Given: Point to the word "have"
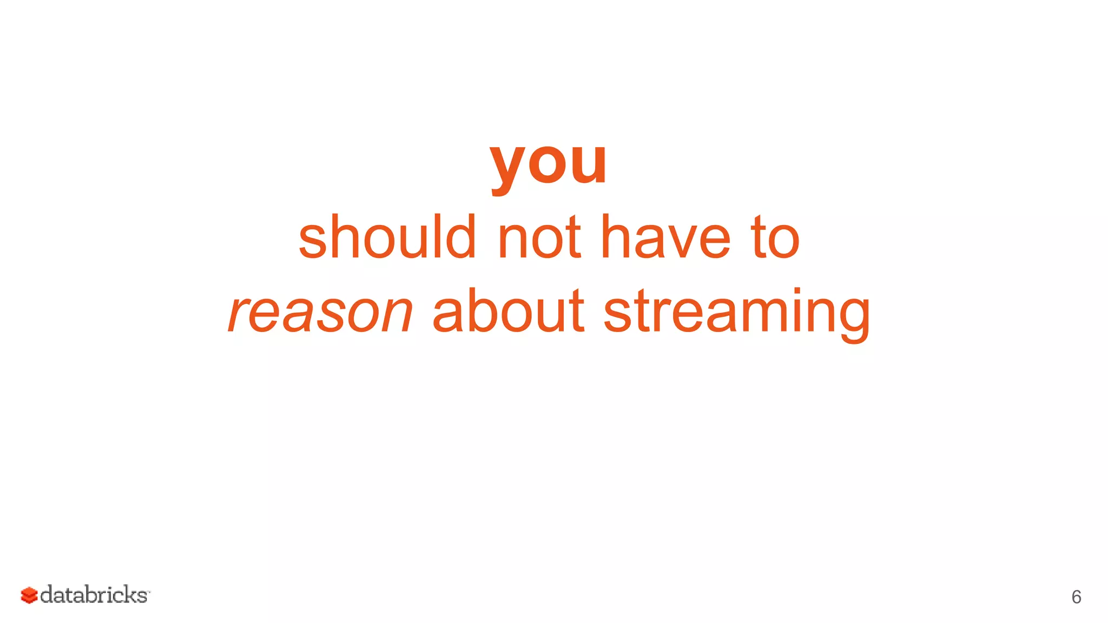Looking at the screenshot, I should [x=665, y=237].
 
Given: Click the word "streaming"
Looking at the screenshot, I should [x=736, y=314].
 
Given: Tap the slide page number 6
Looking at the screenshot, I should [x=1076, y=597].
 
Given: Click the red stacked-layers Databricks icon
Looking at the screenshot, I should [x=29, y=595].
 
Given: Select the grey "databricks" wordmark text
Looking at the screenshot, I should [x=94, y=594].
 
